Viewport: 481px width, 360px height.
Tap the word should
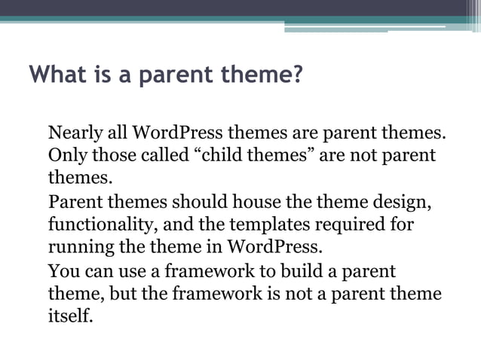pyautogui.click(x=198, y=203)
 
